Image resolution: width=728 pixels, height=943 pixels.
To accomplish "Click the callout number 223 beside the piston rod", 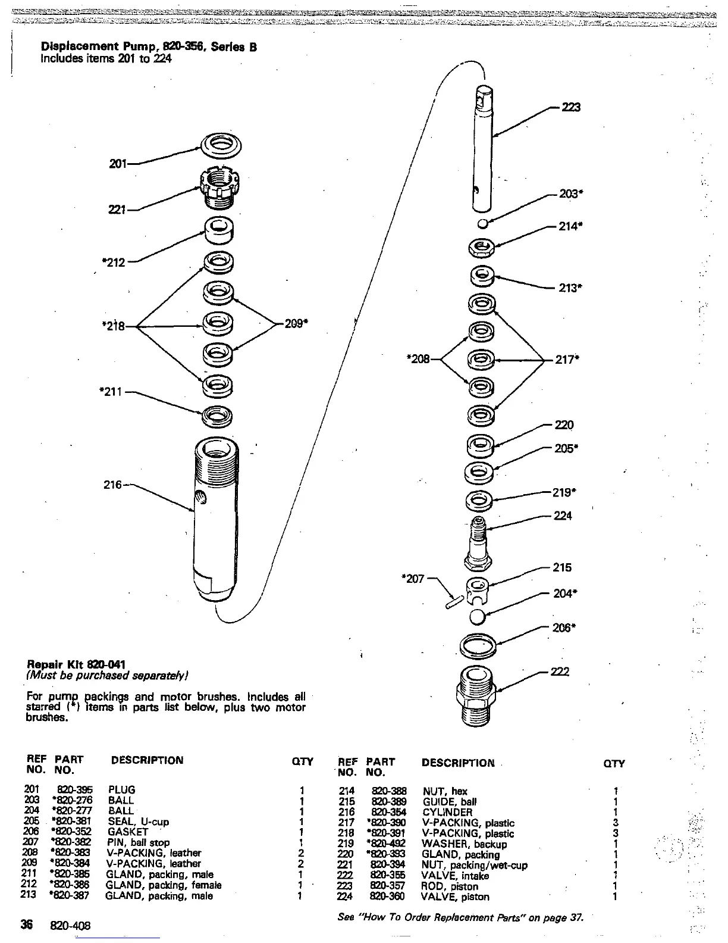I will click(x=571, y=107).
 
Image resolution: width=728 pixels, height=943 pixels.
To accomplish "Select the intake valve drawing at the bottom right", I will click(x=479, y=694).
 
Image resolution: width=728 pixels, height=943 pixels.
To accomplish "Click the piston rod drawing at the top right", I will click(x=486, y=149).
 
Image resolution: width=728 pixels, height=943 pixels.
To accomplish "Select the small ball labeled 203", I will click(x=483, y=223).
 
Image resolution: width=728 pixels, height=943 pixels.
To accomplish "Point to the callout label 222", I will click(x=560, y=672).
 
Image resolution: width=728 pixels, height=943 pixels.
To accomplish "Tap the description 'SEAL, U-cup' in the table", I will click(x=138, y=822).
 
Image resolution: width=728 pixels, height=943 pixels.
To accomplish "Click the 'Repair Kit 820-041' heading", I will click(x=77, y=664).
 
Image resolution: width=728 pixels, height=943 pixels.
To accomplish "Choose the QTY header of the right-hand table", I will click(x=614, y=764).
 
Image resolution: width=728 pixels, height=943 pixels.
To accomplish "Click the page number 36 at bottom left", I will click(x=27, y=925).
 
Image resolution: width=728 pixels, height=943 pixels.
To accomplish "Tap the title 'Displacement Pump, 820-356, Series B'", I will click(x=149, y=47).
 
